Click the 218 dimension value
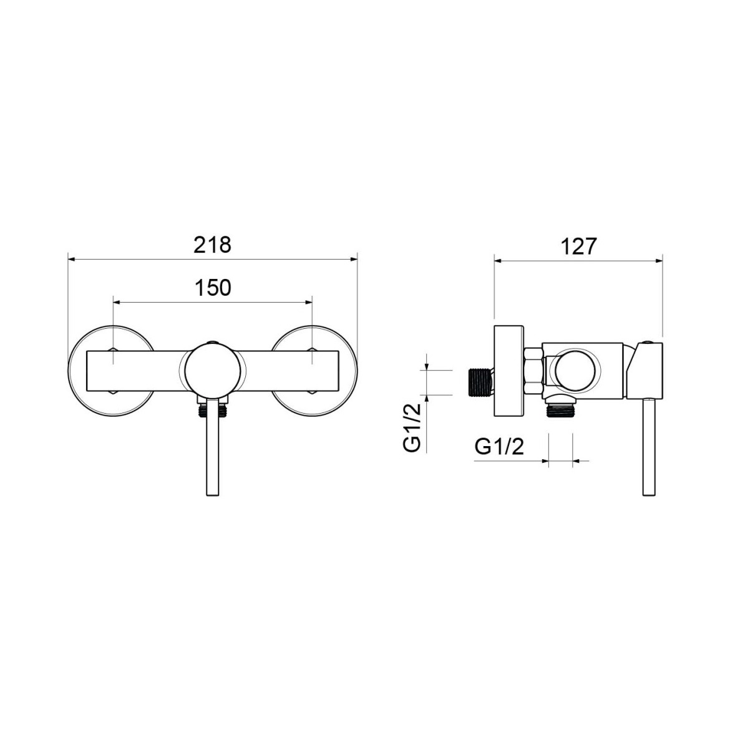point(212,245)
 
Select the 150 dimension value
point(212,288)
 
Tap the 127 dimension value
point(578,246)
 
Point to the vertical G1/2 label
point(412,428)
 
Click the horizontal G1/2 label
point(499,447)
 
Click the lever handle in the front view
point(213,447)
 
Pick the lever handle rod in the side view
point(650,447)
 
